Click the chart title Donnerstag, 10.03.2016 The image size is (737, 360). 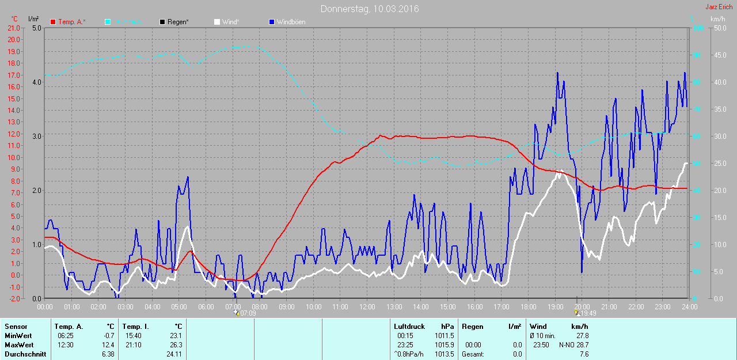click(370, 9)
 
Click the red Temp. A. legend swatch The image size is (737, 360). click(53, 22)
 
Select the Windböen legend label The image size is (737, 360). click(291, 22)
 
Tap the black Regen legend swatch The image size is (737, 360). click(163, 22)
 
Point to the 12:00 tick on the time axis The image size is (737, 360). click(367, 307)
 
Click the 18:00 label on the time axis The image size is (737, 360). click(528, 307)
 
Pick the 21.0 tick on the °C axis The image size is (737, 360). click(13, 28)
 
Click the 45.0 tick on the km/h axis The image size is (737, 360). click(720, 55)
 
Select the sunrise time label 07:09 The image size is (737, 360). click(248, 313)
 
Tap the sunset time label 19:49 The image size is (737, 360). click(588, 313)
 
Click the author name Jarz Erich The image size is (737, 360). click(719, 7)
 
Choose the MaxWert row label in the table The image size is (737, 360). click(17, 345)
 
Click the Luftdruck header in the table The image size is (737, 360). click(409, 327)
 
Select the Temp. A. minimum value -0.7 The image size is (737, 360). click(109, 336)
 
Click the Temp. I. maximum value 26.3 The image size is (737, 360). click(177, 345)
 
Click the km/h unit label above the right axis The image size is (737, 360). click(717, 19)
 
